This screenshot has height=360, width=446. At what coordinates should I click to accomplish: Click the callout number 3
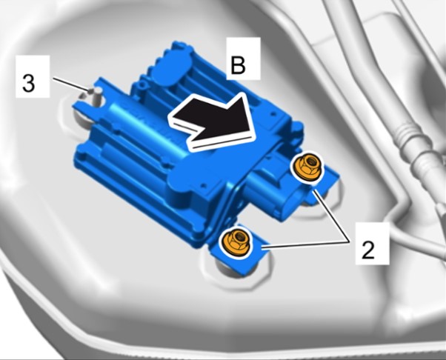click(x=28, y=83)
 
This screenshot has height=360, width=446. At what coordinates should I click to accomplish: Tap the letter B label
click(x=238, y=65)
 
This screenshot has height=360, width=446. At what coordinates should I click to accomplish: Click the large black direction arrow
click(x=214, y=121)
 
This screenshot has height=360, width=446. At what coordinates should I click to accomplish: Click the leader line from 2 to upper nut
click(x=331, y=217)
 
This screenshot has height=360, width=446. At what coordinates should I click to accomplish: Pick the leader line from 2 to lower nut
click(x=306, y=245)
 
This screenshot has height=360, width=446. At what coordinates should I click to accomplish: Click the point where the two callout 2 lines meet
click(x=350, y=242)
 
